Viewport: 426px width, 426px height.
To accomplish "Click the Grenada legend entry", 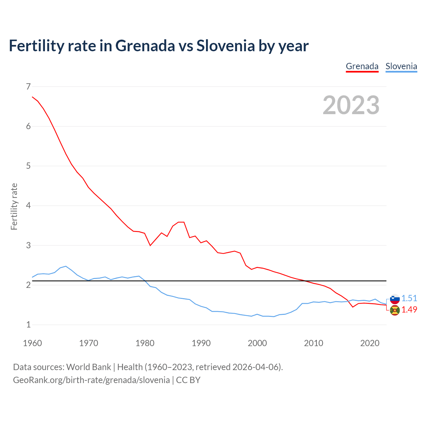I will pyautogui.click(x=362, y=66).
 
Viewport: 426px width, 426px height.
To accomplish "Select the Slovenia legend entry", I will pyautogui.click(x=401, y=66).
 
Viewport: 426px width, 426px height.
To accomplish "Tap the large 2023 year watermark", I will pyautogui.click(x=351, y=105).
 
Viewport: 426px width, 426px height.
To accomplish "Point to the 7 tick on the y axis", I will pyautogui.click(x=28, y=87).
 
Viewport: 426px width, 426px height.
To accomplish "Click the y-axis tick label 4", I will pyautogui.click(x=28, y=206).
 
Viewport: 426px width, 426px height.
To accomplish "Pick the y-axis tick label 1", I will pyautogui.click(x=28, y=324).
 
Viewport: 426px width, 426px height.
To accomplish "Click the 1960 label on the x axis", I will pyautogui.click(x=32, y=343).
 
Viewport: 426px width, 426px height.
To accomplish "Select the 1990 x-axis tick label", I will pyautogui.click(x=201, y=343).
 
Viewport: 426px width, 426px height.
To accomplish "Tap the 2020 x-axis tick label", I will pyautogui.click(x=370, y=343).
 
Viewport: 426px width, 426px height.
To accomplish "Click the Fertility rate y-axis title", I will pyautogui.click(x=14, y=206).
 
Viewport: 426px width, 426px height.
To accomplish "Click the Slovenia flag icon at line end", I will pyautogui.click(x=395, y=299).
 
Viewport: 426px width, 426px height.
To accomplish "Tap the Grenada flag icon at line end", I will pyautogui.click(x=395, y=310).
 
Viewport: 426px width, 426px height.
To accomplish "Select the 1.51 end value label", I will pyautogui.click(x=409, y=298).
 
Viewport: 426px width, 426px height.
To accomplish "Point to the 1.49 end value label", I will pyautogui.click(x=409, y=310).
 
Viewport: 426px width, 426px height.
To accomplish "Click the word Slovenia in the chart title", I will pyautogui.click(x=226, y=46).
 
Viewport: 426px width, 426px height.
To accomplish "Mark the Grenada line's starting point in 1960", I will pyautogui.click(x=32, y=97).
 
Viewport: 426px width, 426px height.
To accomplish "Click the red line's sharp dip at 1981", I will pyautogui.click(x=150, y=245).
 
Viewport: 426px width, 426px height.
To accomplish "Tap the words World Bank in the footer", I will pyautogui.click(x=89, y=367).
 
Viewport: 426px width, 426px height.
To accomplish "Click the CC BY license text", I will pyautogui.click(x=188, y=380).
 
